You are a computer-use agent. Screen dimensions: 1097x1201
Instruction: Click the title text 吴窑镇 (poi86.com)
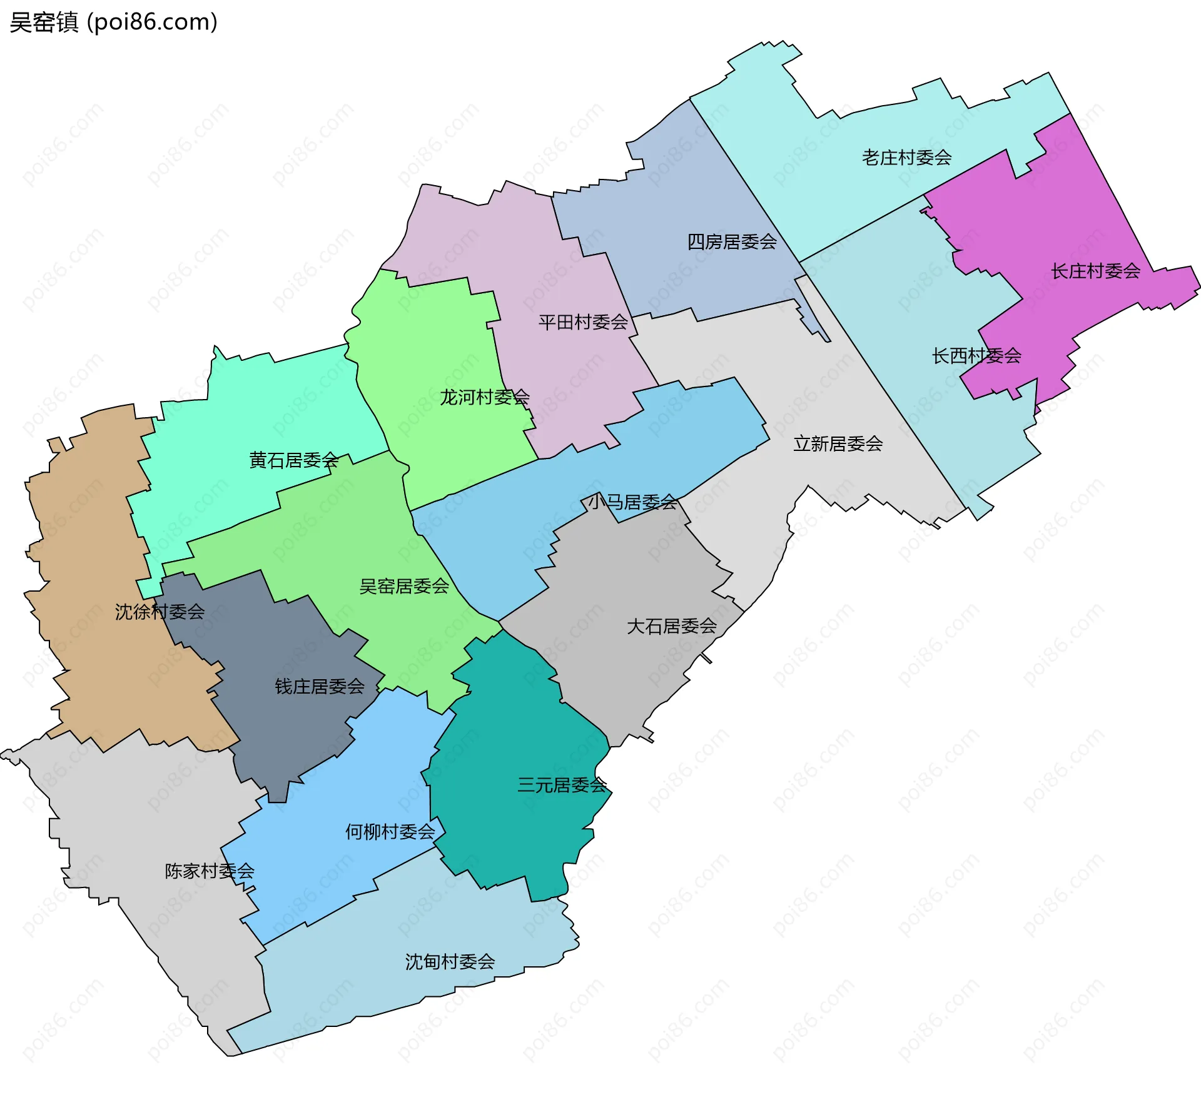pyautogui.click(x=114, y=22)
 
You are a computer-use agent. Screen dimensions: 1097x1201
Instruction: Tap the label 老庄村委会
pyautogui.click(x=906, y=158)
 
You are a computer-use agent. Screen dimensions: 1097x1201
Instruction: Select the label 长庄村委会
pyautogui.click(x=1095, y=271)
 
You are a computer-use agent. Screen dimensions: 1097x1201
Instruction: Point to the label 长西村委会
pyautogui.click(x=976, y=356)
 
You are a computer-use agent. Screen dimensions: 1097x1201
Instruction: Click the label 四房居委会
pyautogui.click(x=732, y=242)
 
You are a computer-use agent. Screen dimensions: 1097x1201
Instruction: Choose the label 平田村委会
pyautogui.click(x=583, y=323)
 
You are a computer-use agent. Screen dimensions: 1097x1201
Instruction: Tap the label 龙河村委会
pyautogui.click(x=485, y=397)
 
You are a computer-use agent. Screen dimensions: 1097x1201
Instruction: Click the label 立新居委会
pyautogui.click(x=838, y=444)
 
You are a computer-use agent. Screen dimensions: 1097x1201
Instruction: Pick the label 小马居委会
pyautogui.click(x=632, y=502)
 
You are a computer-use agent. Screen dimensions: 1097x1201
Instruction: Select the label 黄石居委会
pyautogui.click(x=293, y=461)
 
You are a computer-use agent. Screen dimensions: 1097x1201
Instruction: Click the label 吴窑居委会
pyautogui.click(x=404, y=587)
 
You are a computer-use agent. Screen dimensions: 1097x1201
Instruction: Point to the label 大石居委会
pyautogui.click(x=671, y=627)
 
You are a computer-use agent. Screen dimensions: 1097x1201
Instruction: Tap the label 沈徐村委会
pyautogui.click(x=160, y=612)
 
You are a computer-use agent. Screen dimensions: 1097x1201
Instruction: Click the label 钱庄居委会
pyautogui.click(x=320, y=687)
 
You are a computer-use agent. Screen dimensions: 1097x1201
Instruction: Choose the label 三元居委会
pyautogui.click(x=562, y=786)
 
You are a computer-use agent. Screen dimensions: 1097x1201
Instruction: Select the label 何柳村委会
pyautogui.click(x=390, y=832)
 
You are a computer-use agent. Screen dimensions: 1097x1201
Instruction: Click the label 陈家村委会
pyautogui.click(x=210, y=871)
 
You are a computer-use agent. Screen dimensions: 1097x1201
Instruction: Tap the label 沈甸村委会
pyautogui.click(x=450, y=962)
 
